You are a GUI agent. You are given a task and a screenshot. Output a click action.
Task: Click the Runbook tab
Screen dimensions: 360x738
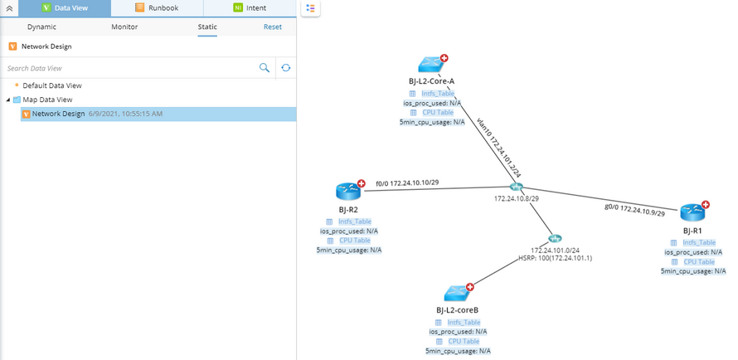click(157, 8)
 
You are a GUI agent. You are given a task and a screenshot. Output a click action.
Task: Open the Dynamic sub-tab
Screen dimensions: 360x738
click(41, 27)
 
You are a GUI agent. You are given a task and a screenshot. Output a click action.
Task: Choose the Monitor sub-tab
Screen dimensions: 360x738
click(124, 27)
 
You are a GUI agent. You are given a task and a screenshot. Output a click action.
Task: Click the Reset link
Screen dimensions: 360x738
click(273, 27)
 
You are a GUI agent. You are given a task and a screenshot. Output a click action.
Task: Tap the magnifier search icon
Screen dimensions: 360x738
click(265, 68)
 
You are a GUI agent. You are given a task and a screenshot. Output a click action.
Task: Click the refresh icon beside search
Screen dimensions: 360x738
click(286, 68)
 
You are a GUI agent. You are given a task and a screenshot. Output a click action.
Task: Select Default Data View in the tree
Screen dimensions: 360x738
click(51, 85)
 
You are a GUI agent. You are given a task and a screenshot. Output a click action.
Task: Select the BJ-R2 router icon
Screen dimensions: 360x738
click(348, 191)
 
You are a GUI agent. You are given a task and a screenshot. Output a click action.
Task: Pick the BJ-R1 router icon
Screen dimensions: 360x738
click(692, 212)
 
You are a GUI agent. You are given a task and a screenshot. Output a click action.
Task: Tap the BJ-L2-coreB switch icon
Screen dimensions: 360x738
click(457, 293)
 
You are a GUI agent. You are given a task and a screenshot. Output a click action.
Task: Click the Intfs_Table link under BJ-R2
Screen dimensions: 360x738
click(354, 221)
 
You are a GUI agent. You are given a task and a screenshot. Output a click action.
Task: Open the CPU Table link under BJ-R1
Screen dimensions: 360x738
click(699, 261)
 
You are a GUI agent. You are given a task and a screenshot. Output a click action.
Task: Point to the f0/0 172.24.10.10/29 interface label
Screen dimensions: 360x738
click(407, 182)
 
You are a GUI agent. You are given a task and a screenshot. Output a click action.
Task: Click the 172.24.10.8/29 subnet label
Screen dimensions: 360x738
click(517, 199)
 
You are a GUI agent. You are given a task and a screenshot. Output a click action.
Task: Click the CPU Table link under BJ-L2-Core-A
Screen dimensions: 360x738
click(438, 112)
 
